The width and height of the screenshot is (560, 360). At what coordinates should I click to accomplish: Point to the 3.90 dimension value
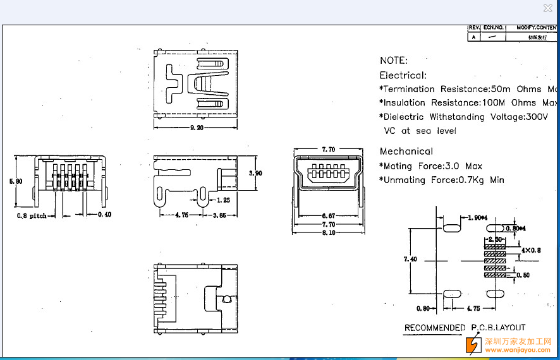256,173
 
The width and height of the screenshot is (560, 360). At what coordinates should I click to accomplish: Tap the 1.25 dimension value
222,200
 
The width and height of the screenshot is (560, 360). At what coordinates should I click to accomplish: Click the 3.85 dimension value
220,215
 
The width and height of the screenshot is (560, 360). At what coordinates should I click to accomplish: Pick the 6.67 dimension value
328,215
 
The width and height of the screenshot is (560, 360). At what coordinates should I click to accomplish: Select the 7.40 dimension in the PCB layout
410,259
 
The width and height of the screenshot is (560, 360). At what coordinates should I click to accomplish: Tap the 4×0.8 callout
531,250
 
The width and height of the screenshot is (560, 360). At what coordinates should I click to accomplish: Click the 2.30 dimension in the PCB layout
495,240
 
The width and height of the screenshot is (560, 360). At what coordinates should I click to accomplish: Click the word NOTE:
394,61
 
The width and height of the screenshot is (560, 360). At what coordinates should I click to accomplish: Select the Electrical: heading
403,75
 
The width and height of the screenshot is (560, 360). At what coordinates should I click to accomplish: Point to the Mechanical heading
406,152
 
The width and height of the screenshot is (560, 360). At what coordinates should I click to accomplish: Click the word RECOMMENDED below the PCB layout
435,328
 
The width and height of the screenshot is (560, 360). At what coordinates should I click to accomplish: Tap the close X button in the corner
547,8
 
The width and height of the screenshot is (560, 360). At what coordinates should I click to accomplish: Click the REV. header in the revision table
474,28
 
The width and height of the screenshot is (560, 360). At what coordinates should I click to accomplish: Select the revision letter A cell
474,37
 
